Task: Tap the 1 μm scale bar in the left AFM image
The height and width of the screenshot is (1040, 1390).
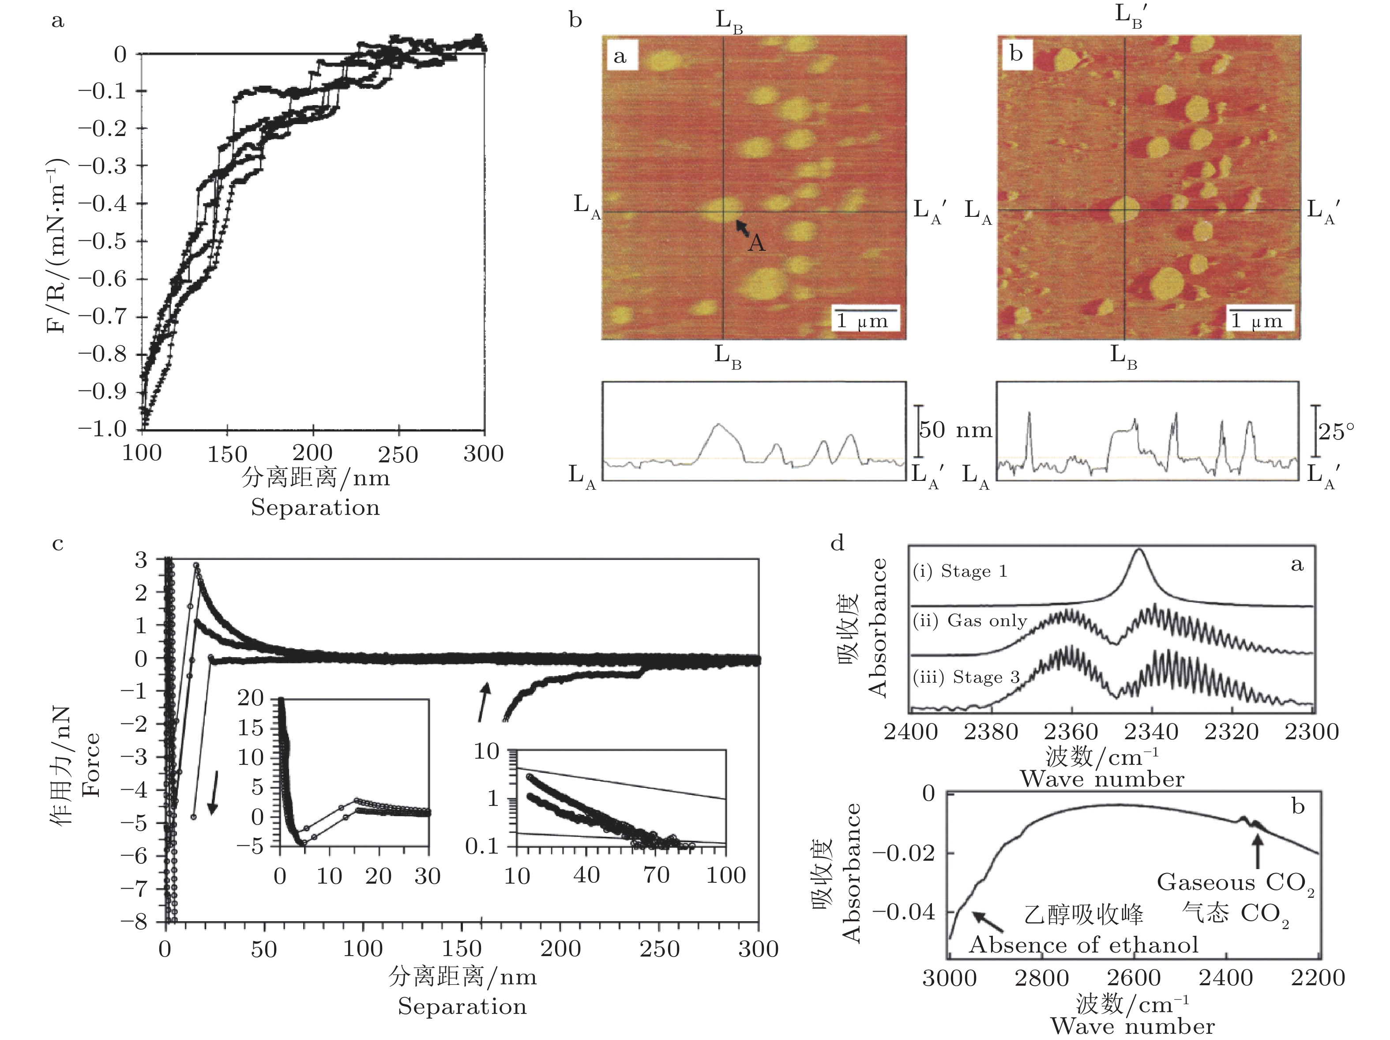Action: (865, 310)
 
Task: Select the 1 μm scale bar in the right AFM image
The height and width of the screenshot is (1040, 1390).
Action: (1260, 310)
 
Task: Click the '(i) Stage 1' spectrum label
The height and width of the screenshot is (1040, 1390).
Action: (960, 571)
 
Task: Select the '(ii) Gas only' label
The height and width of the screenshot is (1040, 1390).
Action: (969, 621)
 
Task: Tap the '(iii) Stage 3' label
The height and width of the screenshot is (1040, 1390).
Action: (966, 677)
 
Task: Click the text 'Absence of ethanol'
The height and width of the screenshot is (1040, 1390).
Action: (1084, 945)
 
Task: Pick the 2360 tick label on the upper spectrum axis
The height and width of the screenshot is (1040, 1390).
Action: (1071, 732)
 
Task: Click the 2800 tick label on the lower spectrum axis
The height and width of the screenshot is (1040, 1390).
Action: (1042, 978)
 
